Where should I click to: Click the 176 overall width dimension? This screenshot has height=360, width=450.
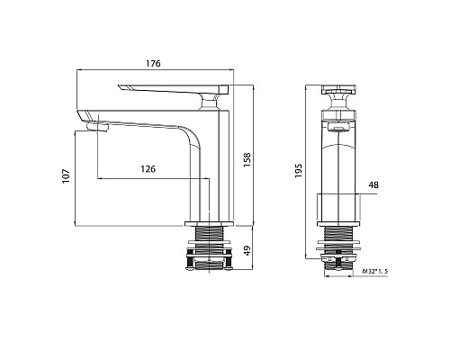pyautogui.click(x=153, y=64)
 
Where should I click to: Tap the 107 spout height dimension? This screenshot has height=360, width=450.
pyautogui.click(x=65, y=176)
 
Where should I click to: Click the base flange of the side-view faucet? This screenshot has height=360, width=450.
pyautogui.click(x=209, y=222)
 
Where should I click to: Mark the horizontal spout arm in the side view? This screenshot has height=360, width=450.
pyautogui.click(x=135, y=117)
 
